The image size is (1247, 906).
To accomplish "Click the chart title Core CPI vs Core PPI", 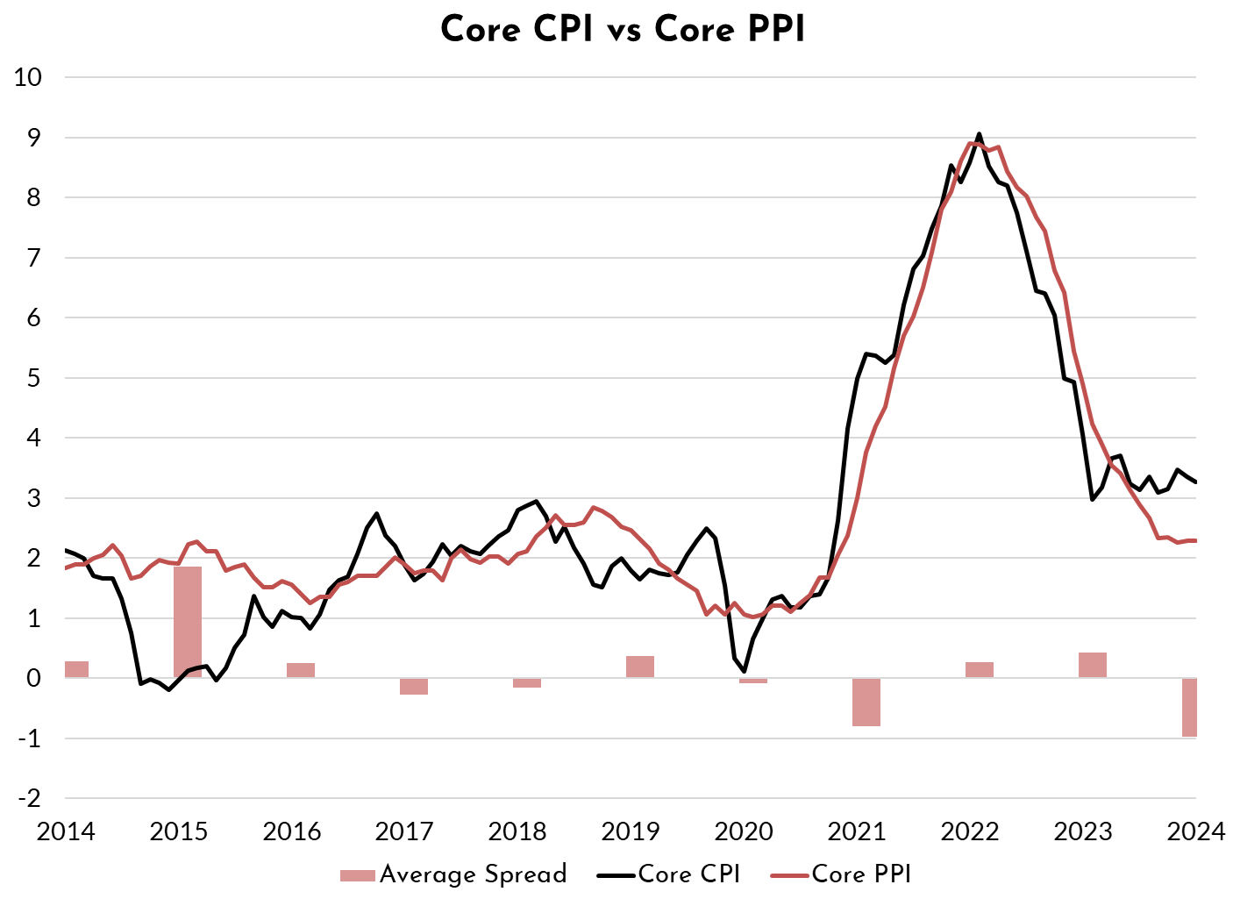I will [x=623, y=30].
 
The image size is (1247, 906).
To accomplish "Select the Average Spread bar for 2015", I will [x=188, y=622].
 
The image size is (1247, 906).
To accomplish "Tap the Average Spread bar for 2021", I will [x=866, y=702].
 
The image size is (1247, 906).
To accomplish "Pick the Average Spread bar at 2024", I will [x=1189, y=707].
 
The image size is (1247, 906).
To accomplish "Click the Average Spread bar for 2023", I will [x=1093, y=665].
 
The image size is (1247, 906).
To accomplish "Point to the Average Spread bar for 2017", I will [x=414, y=686].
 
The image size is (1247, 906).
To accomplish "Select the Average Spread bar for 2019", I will [x=640, y=667].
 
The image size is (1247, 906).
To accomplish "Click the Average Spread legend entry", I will [x=454, y=874].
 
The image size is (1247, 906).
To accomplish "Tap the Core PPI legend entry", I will [x=842, y=874].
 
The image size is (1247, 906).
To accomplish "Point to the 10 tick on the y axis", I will [x=28, y=77].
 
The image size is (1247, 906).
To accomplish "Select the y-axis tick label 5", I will [x=33, y=378].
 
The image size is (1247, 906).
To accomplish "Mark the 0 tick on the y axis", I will [x=33, y=678].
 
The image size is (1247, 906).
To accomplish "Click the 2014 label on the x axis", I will [x=66, y=831].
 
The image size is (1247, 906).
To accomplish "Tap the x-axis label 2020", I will [x=745, y=831].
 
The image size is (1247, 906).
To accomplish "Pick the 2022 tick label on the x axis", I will [x=970, y=831].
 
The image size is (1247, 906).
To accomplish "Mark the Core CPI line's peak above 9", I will [x=980, y=134].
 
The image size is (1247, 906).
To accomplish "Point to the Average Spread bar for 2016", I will [x=301, y=670].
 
